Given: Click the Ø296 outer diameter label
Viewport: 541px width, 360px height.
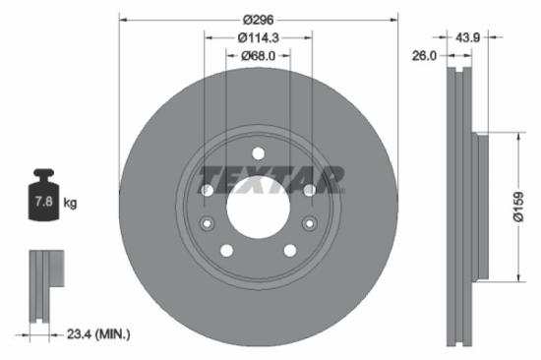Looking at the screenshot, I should pyautogui.click(x=259, y=19).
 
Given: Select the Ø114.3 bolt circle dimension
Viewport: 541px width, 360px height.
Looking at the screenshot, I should pyautogui.click(x=259, y=37).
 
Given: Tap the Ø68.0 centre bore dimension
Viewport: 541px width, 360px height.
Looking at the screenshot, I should pyautogui.click(x=259, y=56).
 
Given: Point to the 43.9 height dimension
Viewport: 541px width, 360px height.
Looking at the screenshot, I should pyautogui.click(x=468, y=36).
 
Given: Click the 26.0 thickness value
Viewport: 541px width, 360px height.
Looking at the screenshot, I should pyautogui.click(x=424, y=56).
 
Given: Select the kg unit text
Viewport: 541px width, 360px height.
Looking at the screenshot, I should pyautogui.click(x=70, y=204).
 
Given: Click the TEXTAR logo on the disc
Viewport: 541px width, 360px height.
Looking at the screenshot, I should pyautogui.click(x=272, y=180).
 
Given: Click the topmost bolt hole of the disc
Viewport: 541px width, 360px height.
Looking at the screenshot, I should pyautogui.click(x=258, y=152).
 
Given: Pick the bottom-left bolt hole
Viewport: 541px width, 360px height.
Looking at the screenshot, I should pyautogui.click(x=226, y=251).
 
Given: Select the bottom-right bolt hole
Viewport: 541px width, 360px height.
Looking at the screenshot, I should pyautogui.click(x=290, y=251).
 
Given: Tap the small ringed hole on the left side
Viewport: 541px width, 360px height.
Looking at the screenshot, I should pyautogui.click(x=207, y=224).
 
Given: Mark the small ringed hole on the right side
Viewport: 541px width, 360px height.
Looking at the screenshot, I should pyautogui.click(x=310, y=224).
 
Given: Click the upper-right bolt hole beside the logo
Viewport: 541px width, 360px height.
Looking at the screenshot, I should pyautogui.click(x=309, y=190).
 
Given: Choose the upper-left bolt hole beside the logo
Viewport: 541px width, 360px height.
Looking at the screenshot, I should pyautogui.click(x=207, y=190).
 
